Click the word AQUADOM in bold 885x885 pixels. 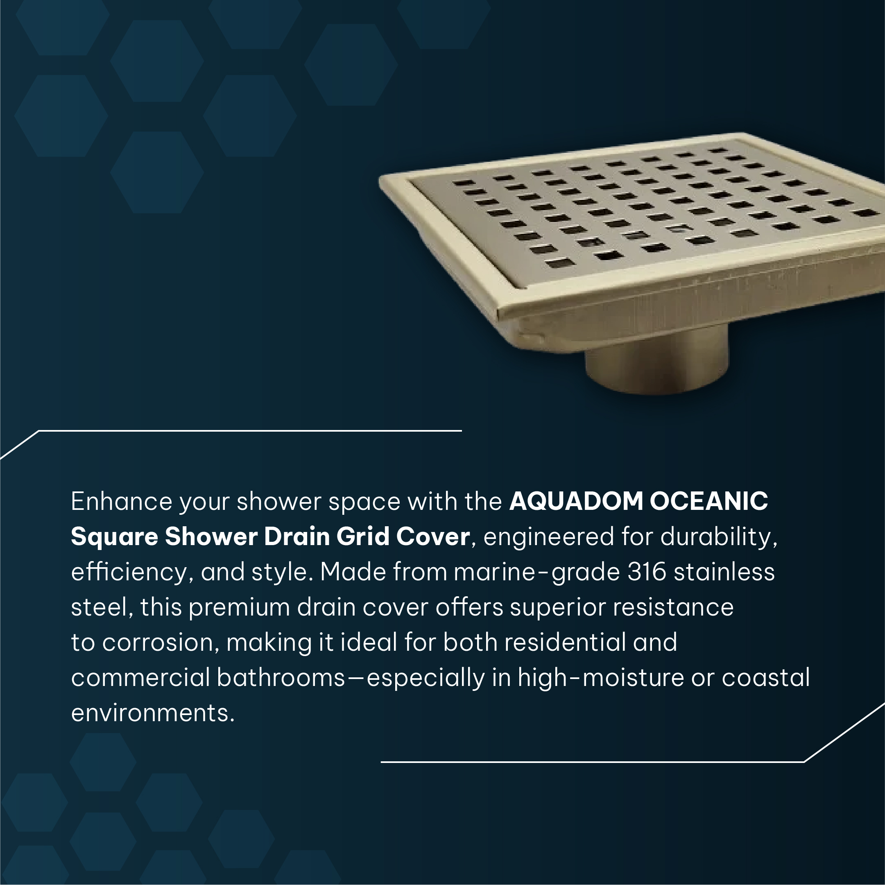pos(576,501)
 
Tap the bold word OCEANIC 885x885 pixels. pos(708,501)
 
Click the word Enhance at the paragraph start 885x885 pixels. pos(121,501)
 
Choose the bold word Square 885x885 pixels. pos(115,537)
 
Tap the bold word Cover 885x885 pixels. pos(433,536)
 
